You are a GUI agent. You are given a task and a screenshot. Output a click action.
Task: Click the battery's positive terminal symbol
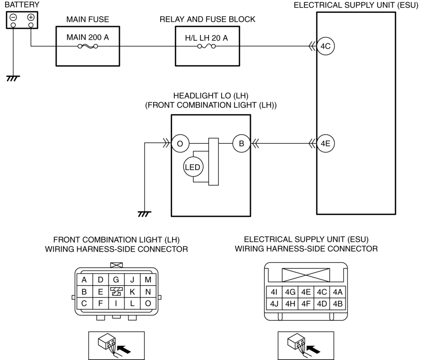pos(31,18)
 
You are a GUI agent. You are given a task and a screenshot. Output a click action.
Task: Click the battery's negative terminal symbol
pos(13,18)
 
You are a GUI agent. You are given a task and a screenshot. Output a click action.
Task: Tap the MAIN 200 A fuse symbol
pos(88,46)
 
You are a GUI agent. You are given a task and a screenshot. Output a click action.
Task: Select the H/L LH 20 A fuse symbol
pos(207,46)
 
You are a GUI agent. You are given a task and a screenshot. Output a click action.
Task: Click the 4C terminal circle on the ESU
pos(326,46)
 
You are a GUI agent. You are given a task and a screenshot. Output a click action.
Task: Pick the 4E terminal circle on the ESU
pos(326,143)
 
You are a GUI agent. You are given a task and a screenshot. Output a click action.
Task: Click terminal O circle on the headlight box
pos(180,143)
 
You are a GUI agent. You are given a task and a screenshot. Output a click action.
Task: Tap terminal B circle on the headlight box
pos(242,143)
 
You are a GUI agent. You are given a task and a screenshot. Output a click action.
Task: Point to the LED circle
pos(193,167)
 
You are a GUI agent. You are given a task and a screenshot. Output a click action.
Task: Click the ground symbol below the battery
pos(13,79)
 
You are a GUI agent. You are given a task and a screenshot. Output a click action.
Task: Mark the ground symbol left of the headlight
pos(144,214)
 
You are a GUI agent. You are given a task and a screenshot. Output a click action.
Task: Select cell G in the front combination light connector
pos(116,280)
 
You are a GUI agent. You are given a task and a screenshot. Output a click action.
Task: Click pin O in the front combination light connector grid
pos(148,303)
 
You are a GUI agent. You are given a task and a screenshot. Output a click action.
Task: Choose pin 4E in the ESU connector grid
pos(306,292)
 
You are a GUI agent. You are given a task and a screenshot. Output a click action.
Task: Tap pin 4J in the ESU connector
pos(274,304)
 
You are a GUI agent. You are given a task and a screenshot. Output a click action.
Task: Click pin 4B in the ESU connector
pos(337,304)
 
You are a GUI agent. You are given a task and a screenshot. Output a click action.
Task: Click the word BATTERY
pos(22,5)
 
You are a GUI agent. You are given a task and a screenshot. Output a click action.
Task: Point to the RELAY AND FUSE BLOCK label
pos(207,19)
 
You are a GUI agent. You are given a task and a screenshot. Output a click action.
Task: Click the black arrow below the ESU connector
pos(314,349)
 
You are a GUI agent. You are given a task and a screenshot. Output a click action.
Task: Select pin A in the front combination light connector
pos(84,280)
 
